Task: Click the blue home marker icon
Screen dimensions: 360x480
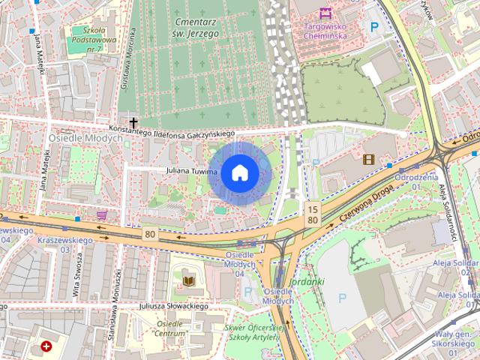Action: click(x=239, y=173)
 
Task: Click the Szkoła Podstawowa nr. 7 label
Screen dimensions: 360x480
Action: click(x=94, y=40)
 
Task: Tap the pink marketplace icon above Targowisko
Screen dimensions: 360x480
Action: click(x=325, y=12)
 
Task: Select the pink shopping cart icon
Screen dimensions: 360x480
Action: click(x=102, y=214)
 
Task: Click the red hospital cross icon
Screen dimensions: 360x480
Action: click(x=47, y=346)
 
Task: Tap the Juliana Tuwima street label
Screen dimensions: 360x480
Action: click(x=192, y=172)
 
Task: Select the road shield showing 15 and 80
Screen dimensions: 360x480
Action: click(x=313, y=213)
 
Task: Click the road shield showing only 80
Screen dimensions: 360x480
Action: click(x=150, y=234)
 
